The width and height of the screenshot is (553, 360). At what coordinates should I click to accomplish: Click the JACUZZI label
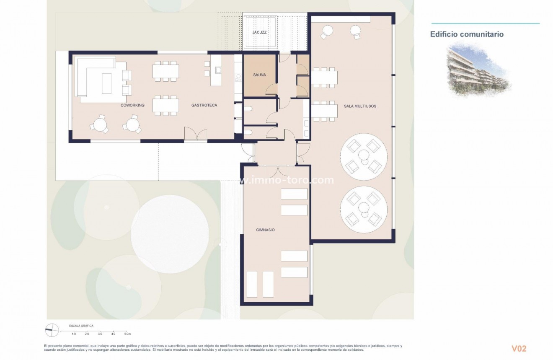coord(260,32)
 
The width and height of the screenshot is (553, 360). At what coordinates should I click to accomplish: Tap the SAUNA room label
coord(260,75)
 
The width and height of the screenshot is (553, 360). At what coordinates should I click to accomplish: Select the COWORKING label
coord(132,105)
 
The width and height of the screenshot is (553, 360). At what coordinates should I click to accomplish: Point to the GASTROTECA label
coord(204,105)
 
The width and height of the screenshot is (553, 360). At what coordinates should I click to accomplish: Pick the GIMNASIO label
coord(265,230)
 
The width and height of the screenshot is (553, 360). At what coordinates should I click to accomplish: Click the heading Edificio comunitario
coord(467,34)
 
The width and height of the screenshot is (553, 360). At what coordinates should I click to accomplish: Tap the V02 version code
coord(519,348)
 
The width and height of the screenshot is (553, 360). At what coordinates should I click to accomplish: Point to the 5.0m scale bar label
coord(127,334)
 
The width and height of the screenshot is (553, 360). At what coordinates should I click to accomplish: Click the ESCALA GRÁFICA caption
coord(81,325)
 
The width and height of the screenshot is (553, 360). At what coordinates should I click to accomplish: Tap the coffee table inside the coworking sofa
coord(107,83)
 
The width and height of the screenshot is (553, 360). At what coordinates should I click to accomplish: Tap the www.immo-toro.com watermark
coord(289,180)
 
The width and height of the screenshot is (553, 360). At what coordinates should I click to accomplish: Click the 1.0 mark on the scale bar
coord(74,334)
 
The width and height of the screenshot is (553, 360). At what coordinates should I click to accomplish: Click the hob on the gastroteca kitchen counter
coord(238,78)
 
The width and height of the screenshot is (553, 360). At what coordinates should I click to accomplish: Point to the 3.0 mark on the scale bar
coord(100,334)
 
